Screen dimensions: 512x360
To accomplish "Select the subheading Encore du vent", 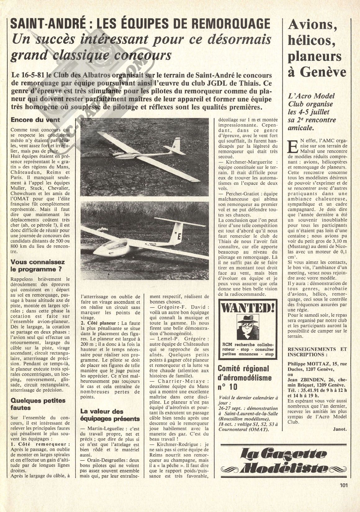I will point(35,120).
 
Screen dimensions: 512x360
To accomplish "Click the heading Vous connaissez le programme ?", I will point(38,266).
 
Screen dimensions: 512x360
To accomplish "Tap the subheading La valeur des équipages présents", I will point(110,415).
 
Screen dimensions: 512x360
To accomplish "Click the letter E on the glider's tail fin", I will point(179,235).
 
